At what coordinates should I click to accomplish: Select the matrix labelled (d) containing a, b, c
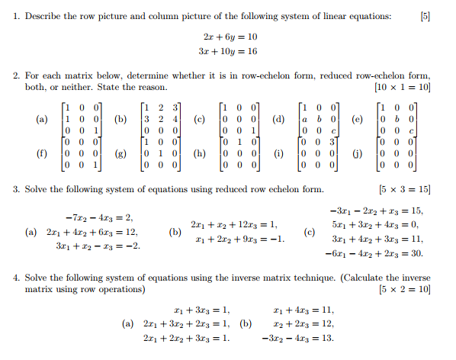[318, 120]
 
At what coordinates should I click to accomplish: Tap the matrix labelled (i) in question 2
[318, 153]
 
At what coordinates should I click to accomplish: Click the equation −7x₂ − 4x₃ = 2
[89, 217]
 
